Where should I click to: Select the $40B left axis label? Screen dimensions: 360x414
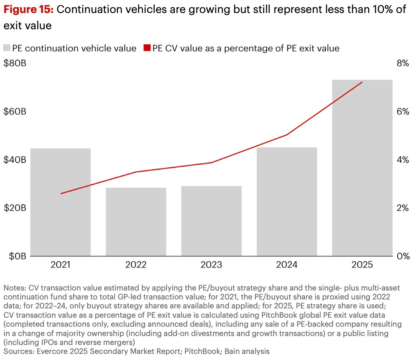coord(15,160)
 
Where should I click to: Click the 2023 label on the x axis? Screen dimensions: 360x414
coord(211,265)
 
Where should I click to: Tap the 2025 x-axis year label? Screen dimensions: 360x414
coord(362,265)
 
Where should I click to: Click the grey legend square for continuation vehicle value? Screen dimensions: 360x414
coord(7,48)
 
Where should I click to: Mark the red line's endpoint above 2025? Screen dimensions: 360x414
coord(362,82)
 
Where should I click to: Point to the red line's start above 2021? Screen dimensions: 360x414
coord(61,193)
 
